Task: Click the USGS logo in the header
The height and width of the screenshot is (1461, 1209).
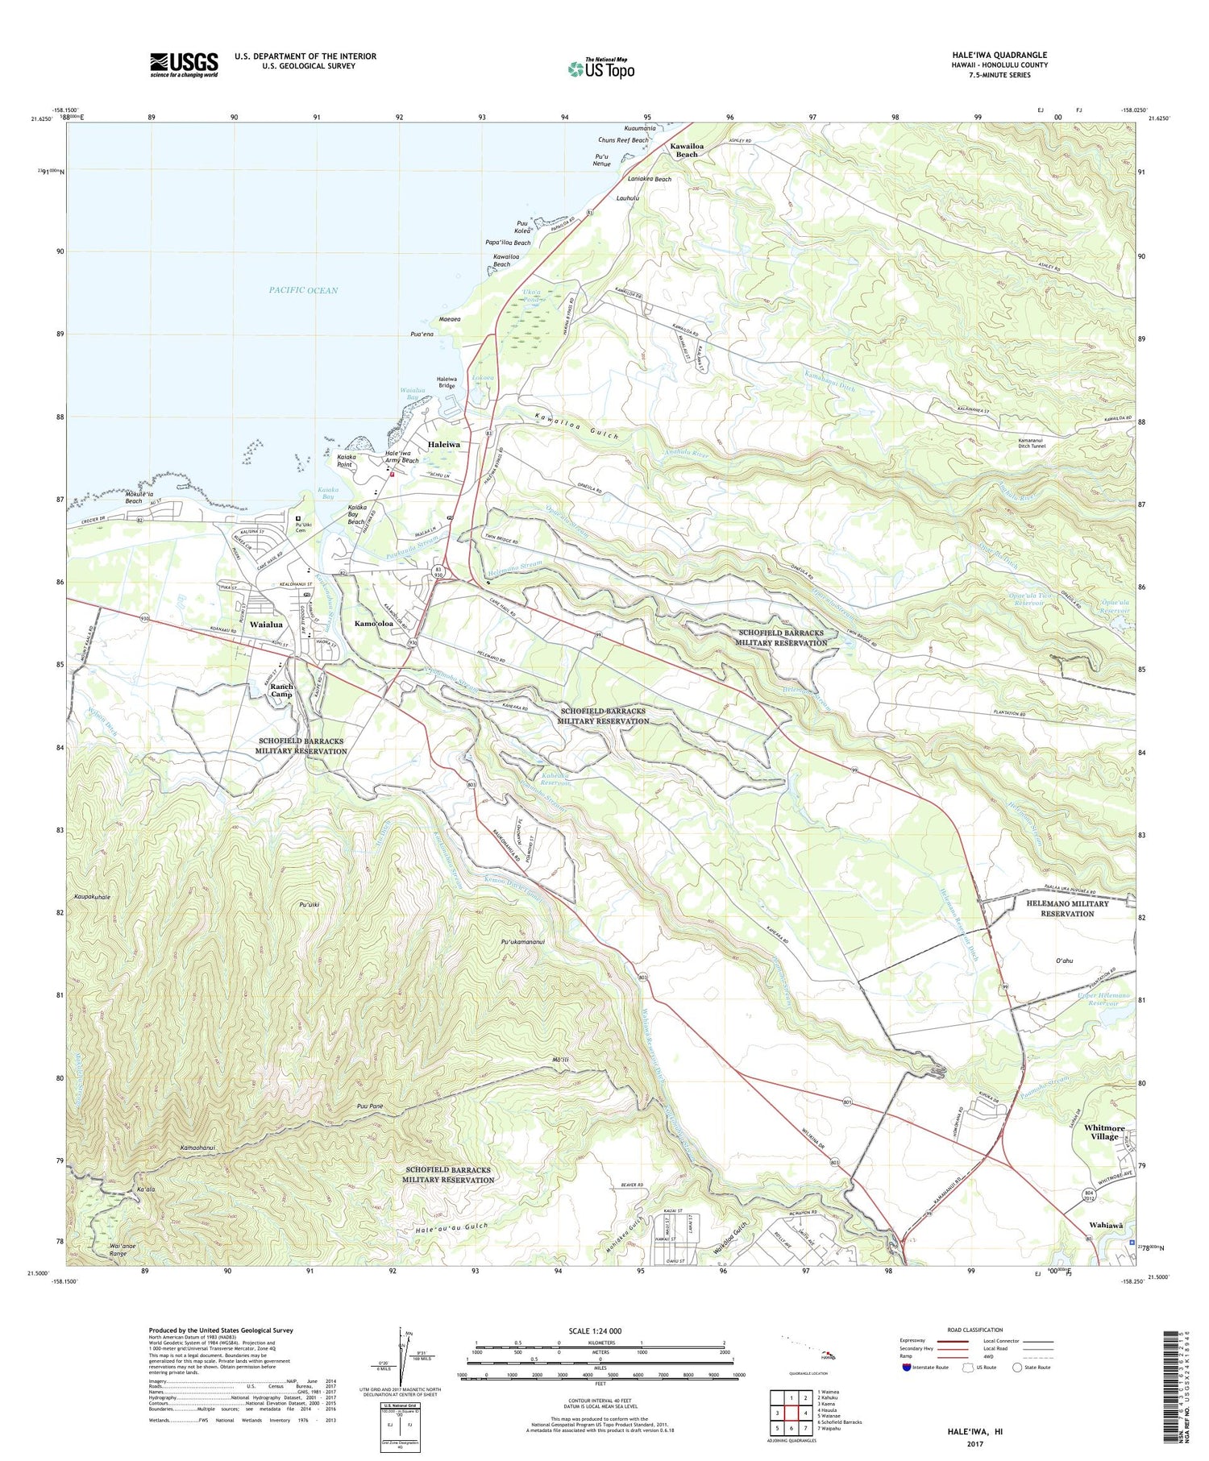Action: tap(184, 64)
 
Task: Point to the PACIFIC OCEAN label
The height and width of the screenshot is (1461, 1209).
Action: tap(304, 290)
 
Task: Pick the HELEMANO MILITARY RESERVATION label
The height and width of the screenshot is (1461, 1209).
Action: tap(1066, 908)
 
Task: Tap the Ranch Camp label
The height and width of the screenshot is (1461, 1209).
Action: tap(282, 690)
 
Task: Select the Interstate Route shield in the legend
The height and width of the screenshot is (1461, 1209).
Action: tap(908, 1368)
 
